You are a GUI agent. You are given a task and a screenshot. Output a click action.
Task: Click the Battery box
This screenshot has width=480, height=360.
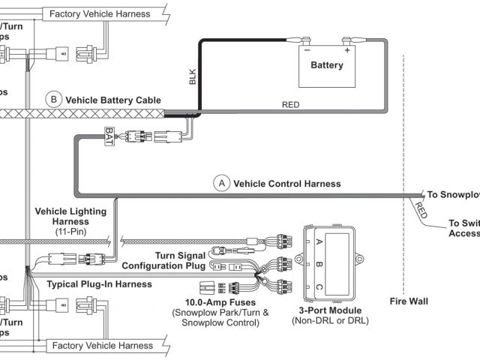pos(327,66)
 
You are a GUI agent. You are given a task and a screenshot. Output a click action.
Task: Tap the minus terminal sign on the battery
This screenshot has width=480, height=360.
pos(305,51)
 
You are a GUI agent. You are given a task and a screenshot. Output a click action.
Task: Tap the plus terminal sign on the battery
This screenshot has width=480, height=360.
pos(348,51)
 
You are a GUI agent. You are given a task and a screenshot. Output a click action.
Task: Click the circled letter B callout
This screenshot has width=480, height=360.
pos(53,99)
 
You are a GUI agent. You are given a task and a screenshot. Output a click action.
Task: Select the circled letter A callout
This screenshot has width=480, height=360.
pos(221,183)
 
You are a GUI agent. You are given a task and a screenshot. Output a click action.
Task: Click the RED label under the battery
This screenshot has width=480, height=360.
pos(289,105)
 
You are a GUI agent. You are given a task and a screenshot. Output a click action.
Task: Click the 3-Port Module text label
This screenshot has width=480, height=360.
pos(330,310)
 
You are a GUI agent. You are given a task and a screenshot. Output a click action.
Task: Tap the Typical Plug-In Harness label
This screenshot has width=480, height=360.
pos(99,284)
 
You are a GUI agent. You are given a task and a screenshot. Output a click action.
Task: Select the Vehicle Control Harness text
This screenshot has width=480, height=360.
pos(287,183)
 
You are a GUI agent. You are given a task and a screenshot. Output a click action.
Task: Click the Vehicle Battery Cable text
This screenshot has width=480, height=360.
pos(113,99)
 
